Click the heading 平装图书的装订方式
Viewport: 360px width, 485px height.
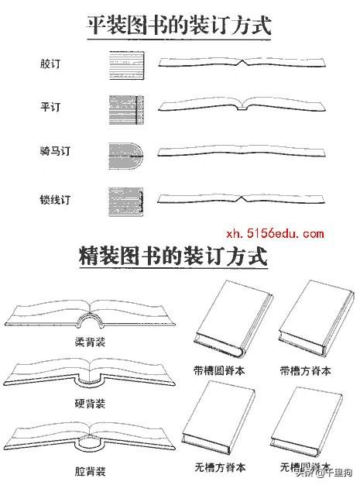pyautogui.click(x=179, y=25)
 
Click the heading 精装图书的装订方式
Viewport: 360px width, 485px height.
pyautogui.click(x=173, y=256)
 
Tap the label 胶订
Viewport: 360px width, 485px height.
pyautogui.click(x=50, y=64)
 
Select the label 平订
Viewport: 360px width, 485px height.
pyautogui.click(x=50, y=107)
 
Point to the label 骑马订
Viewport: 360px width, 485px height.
pyautogui.click(x=55, y=151)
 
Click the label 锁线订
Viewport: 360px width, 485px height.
pyautogui.click(x=55, y=200)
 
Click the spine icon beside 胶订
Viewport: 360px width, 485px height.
pyautogui.click(x=127, y=65)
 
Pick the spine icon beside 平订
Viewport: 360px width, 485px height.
pyautogui.click(x=126, y=110)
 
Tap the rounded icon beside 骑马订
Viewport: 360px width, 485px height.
pyautogui.click(x=126, y=156)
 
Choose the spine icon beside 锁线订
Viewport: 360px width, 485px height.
pyautogui.click(x=126, y=201)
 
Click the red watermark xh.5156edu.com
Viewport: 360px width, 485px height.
pyautogui.click(x=275, y=233)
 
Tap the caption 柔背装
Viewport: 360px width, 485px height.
pyautogui.click(x=91, y=342)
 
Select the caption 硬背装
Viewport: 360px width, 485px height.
pyautogui.click(x=91, y=404)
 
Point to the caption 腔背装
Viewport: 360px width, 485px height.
pyautogui.click(x=91, y=471)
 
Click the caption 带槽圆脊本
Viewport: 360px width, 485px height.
pyautogui.click(x=219, y=370)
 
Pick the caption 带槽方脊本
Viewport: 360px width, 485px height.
pyautogui.click(x=306, y=370)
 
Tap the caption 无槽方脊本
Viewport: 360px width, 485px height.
pyautogui.click(x=221, y=467)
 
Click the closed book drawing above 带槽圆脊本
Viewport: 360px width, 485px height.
pyautogui.click(x=234, y=318)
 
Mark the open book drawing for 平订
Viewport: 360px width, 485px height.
pyautogui.click(x=242, y=105)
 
